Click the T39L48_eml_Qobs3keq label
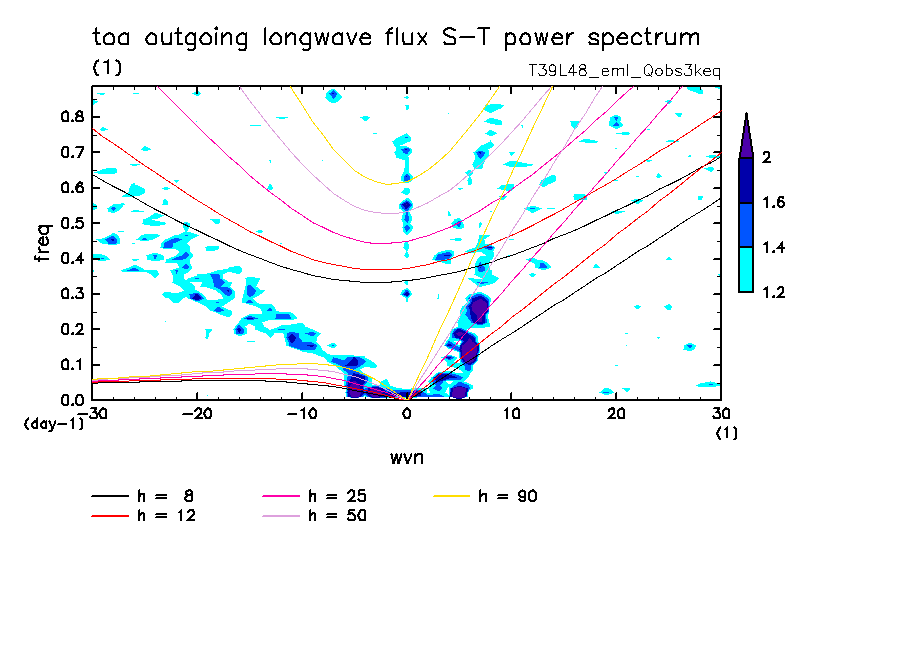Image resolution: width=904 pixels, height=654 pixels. (624, 71)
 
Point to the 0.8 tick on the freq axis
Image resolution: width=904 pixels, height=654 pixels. (72, 116)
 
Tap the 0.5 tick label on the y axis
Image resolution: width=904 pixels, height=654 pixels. (72, 222)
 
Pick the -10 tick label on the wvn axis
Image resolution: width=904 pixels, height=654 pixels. (301, 412)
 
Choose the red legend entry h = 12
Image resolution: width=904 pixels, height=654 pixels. (144, 516)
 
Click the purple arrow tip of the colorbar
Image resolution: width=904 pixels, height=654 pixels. (746, 135)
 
